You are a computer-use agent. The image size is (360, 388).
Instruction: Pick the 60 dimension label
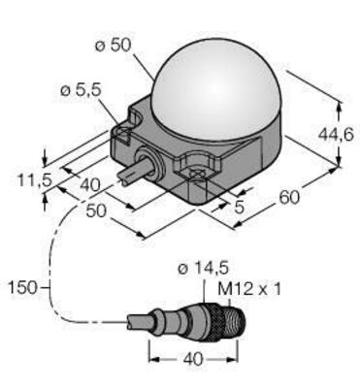pyautogui.click(x=288, y=199)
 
